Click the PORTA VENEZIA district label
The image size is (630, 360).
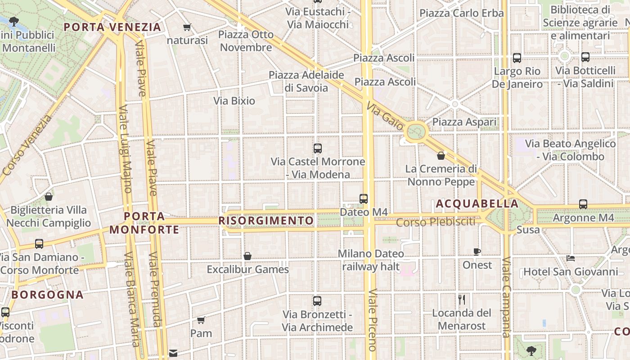tap(112, 27)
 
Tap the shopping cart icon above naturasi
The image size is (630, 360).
tap(187, 27)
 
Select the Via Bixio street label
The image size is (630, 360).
tap(234, 101)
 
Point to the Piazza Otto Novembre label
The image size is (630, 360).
tap(246, 41)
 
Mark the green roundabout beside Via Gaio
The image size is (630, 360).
tap(416, 132)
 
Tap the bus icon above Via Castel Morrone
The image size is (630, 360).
tap(318, 148)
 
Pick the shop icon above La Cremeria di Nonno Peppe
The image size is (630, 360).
tap(441, 156)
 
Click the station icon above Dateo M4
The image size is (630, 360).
tap(364, 198)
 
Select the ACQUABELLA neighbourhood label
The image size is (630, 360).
tap(477, 204)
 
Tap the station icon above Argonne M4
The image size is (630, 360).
tap(583, 204)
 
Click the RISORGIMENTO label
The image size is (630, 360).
tap(266, 220)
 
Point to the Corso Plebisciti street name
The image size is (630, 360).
tap(436, 222)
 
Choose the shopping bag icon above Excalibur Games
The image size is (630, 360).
tap(247, 256)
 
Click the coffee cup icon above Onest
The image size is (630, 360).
tap(477, 252)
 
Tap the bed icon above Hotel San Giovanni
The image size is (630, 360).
tap(571, 258)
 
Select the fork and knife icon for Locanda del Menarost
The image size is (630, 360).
tap(462, 299)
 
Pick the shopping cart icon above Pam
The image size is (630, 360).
tap(201, 320)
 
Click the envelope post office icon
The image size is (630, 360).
tap(173, 353)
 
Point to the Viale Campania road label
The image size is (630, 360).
tap(506, 297)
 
